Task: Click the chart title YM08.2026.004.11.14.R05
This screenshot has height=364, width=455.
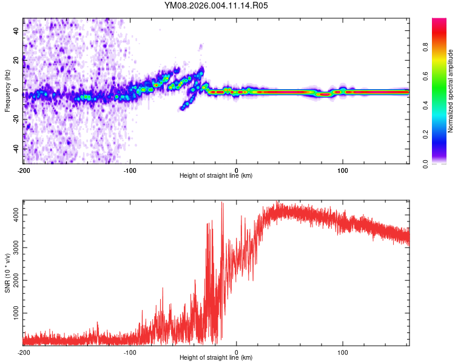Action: pyautogui.click(x=216, y=5)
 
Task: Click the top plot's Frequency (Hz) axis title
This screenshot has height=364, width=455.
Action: pyautogui.click(x=7, y=90)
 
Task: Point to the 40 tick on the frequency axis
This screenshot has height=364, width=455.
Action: pyautogui.click(x=16, y=30)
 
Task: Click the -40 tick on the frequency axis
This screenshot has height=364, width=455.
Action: pyautogui.click(x=15, y=149)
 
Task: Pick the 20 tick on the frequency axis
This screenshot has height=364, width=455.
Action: pyautogui.click(x=16, y=60)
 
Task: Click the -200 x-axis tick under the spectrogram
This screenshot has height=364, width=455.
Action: pyautogui.click(x=24, y=170)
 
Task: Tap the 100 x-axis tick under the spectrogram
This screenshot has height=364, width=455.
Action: pyautogui.click(x=343, y=170)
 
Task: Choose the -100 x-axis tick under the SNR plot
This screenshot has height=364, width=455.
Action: pyautogui.click(x=130, y=352)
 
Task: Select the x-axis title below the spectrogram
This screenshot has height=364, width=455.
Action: pyautogui.click(x=216, y=176)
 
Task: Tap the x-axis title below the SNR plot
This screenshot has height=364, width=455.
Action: pyautogui.click(x=216, y=358)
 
